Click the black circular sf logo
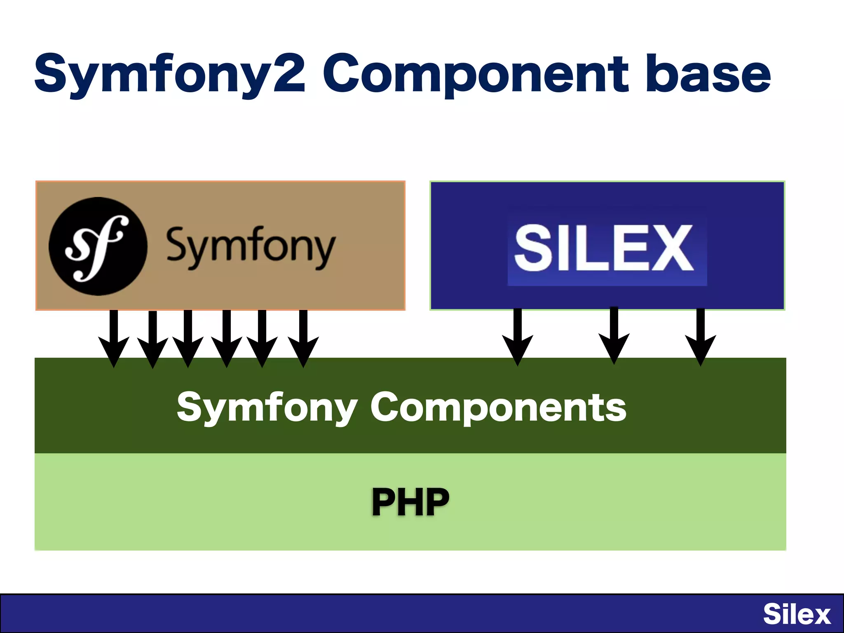pyautogui.click(x=98, y=246)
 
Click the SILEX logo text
pyautogui.click(x=605, y=249)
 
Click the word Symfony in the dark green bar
pyautogui.click(x=267, y=407)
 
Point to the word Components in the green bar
pyautogui.click(x=498, y=407)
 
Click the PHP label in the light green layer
pyautogui.click(x=410, y=502)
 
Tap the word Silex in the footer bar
pyautogui.click(x=797, y=614)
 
